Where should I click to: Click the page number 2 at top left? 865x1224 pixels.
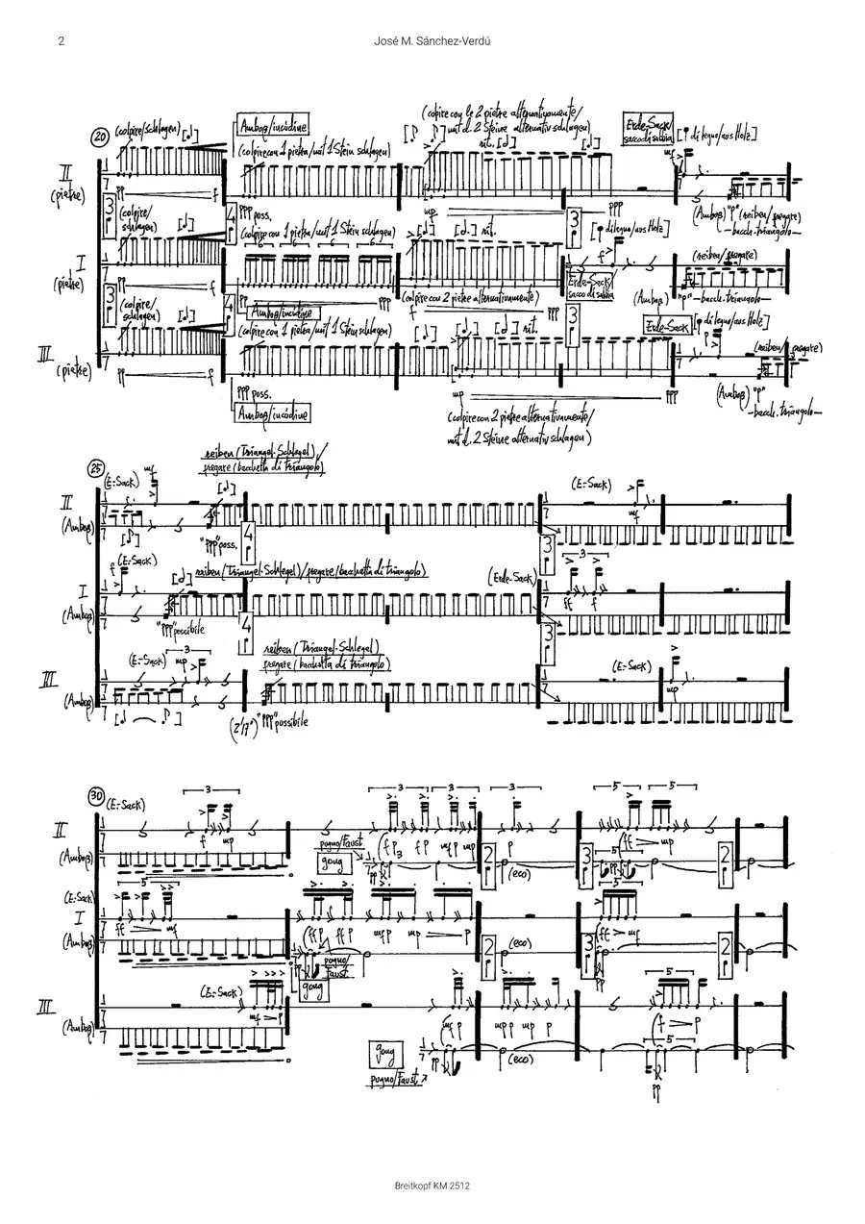pos(60,41)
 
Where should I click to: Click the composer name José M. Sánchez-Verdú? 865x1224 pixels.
pos(432,41)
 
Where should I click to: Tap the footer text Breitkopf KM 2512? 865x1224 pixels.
pos(432,1187)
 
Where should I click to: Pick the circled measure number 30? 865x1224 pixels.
pos(96,796)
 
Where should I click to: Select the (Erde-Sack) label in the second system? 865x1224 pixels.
pos(509,577)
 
